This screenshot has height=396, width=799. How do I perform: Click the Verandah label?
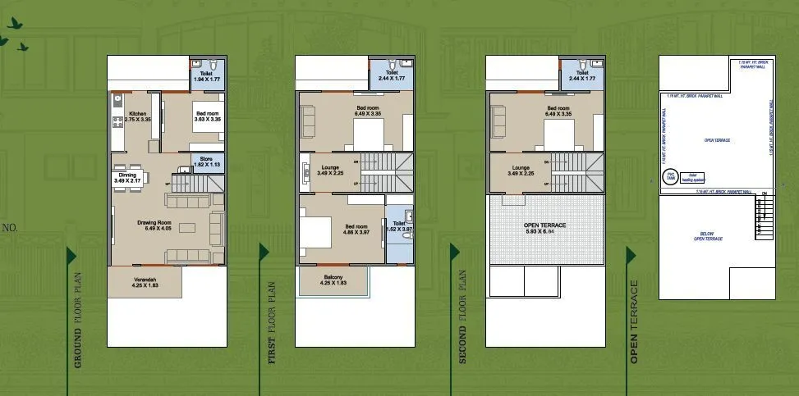click(145, 283)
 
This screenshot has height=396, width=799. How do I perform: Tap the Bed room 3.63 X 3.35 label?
click(207, 116)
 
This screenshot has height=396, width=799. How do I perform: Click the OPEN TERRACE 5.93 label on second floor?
click(544, 229)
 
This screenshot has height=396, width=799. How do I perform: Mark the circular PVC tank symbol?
click(669, 176)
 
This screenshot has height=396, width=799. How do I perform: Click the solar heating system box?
click(692, 176)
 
